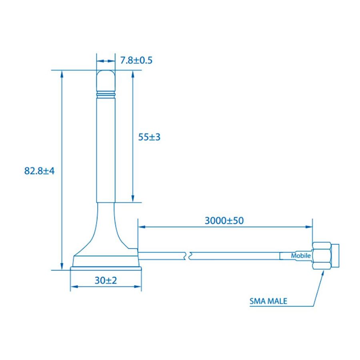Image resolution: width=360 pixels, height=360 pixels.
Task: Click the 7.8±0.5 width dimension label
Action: pos(136,60)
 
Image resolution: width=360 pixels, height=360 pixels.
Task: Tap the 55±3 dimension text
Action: pos(149,137)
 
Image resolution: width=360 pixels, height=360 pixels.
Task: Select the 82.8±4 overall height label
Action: pos(39,171)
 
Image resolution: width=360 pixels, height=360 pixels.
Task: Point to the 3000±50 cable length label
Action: pos(224,221)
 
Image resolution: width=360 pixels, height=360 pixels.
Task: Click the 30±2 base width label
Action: pos(106,280)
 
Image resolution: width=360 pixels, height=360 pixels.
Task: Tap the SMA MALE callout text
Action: pos(268,301)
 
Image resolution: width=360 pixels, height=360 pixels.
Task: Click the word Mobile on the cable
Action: pos(301,256)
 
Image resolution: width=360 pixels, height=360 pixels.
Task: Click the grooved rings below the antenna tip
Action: pos(106,94)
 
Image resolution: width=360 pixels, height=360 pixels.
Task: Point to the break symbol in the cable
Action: pos(188,256)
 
